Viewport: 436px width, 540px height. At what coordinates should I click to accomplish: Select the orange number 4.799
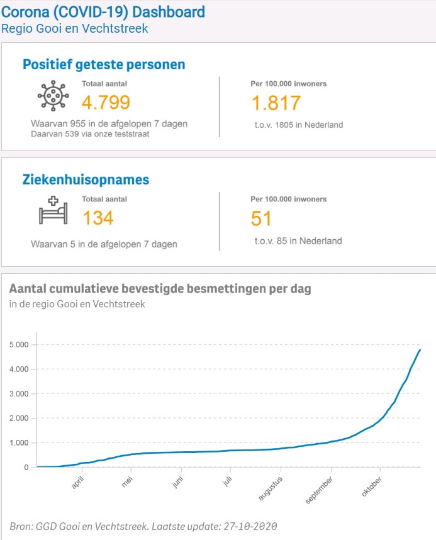click(106, 103)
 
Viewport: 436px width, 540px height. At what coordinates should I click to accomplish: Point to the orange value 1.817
click(276, 103)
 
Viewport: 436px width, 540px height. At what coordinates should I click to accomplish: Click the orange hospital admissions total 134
click(98, 218)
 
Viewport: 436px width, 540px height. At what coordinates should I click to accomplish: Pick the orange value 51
click(262, 218)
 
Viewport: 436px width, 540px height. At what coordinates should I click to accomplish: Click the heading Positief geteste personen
click(104, 64)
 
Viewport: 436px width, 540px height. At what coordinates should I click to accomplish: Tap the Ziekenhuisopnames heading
click(86, 180)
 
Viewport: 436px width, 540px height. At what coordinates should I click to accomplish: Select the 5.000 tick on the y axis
click(19, 345)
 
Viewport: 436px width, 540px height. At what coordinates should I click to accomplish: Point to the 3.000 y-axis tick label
click(19, 394)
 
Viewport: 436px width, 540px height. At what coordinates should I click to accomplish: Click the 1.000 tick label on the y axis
click(19, 443)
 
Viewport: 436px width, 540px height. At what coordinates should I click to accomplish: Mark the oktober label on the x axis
click(372, 487)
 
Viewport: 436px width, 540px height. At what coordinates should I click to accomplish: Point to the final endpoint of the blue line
click(420, 350)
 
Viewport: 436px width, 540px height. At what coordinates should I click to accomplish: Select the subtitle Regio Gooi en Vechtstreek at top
click(75, 28)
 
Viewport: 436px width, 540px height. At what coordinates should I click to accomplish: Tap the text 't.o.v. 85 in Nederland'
click(298, 240)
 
